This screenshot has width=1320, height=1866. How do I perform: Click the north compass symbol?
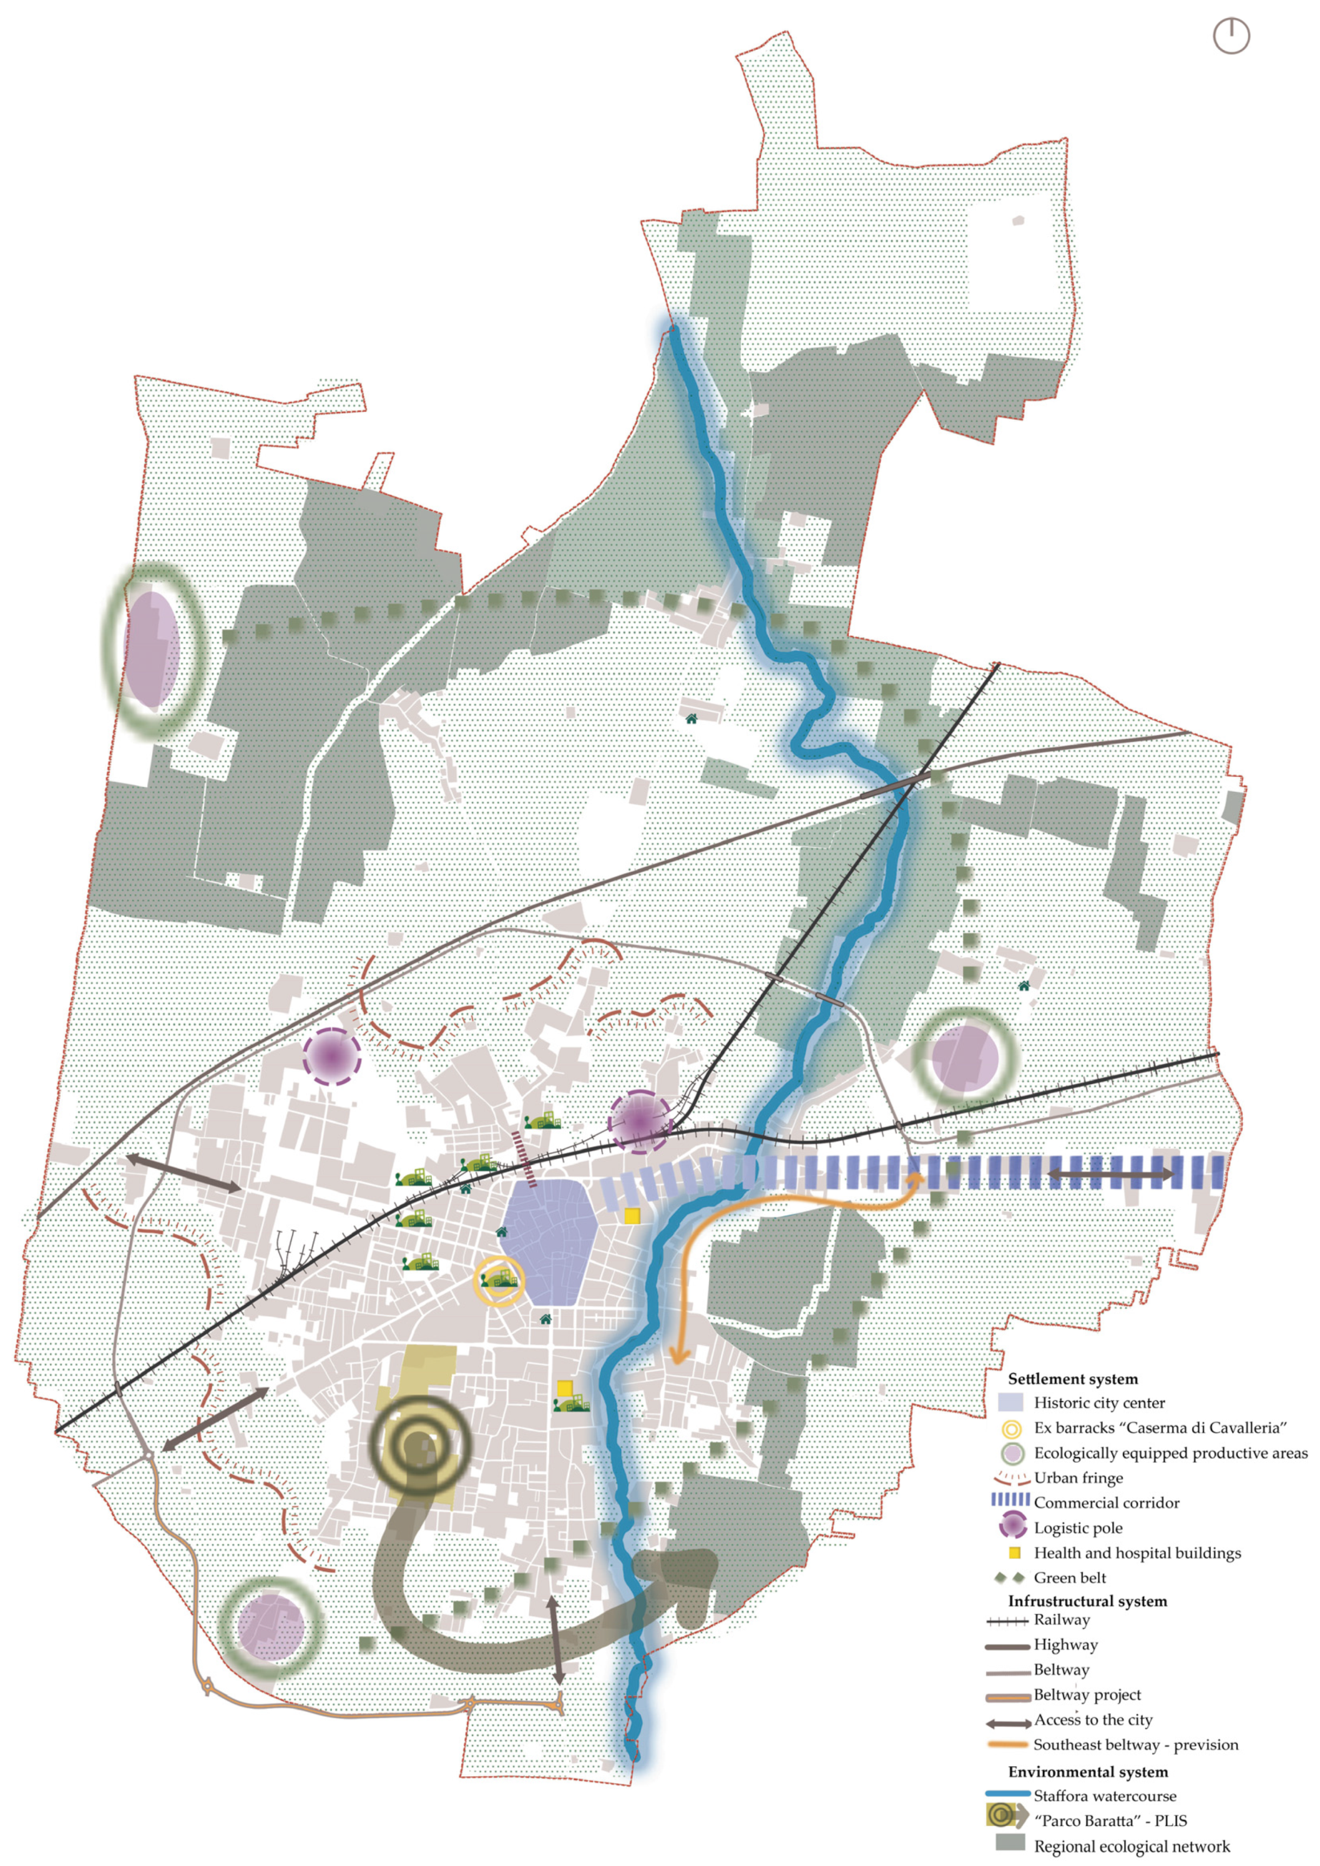[x=1231, y=37]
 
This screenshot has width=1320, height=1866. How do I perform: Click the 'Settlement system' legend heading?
[x=1072, y=1379]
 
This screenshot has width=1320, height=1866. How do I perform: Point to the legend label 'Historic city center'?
[x=1099, y=1403]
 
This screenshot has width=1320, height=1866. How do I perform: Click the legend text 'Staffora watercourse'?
[x=1105, y=1796]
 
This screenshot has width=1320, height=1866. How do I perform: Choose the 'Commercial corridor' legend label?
[x=1106, y=1503]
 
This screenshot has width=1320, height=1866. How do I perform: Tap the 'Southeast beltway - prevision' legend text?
[x=1135, y=1745]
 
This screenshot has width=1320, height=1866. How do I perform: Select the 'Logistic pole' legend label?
[x=1078, y=1528]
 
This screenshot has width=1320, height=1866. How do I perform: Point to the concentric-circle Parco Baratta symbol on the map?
[x=420, y=1444]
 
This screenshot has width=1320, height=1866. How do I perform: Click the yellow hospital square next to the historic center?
[x=632, y=1215]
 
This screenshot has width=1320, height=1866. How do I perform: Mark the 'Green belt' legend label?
[x=1070, y=1578]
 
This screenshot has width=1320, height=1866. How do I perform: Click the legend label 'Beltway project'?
[x=1087, y=1694]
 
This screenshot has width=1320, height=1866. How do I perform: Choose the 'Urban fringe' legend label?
[x=1078, y=1478]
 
